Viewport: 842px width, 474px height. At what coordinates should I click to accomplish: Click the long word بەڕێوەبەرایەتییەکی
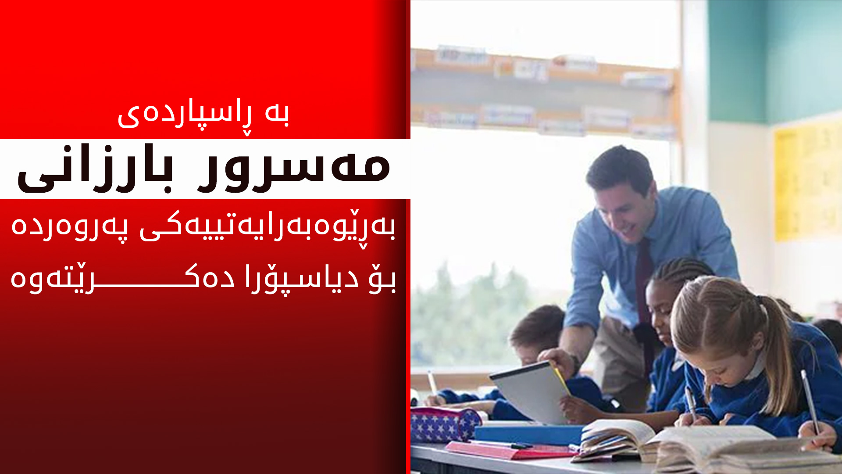(x=268, y=227)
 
